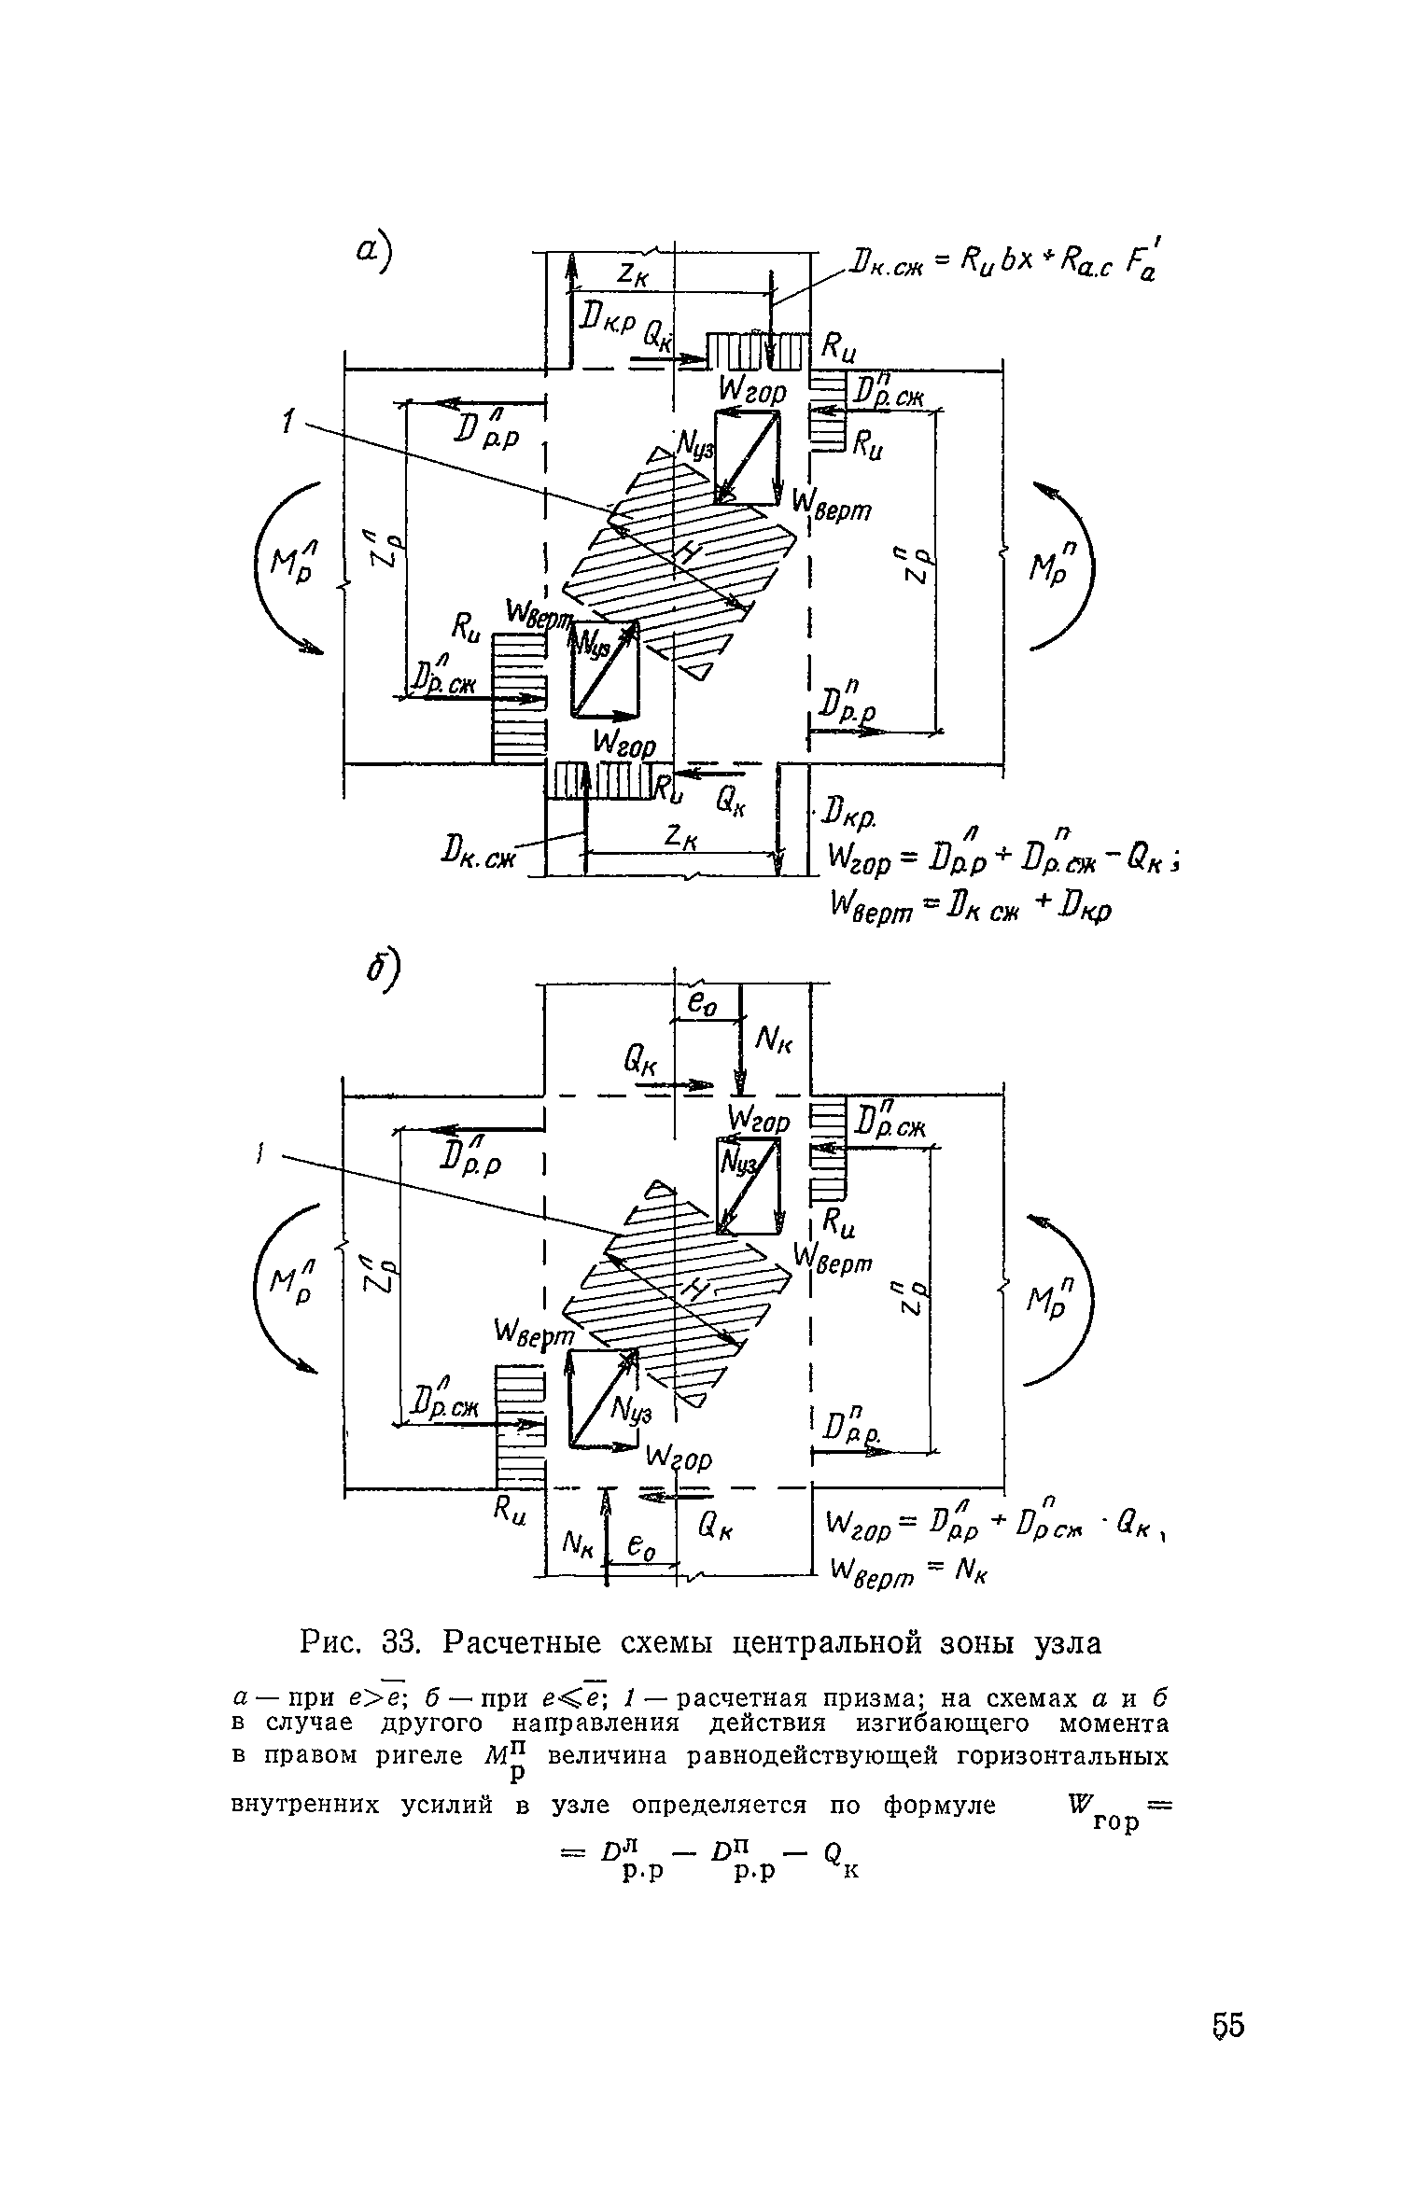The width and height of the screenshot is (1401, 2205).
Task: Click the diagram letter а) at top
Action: click(376, 252)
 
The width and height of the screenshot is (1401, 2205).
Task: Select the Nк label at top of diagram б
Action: click(773, 1037)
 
